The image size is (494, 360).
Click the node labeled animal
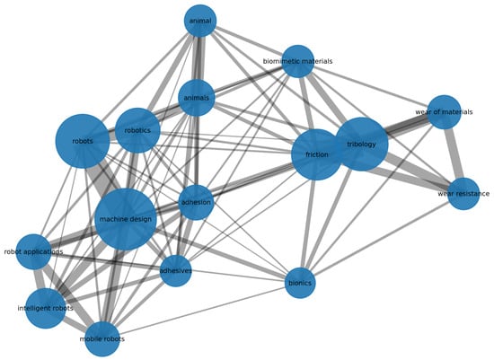click(200, 21)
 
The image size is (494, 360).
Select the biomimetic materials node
click(297, 61)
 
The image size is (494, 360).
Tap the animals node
click(197, 98)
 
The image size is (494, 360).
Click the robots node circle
click(83, 141)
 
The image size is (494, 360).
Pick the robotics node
click(137, 130)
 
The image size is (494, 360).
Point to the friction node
click(317, 154)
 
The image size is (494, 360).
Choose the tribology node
click(361, 145)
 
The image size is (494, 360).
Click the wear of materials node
click(445, 112)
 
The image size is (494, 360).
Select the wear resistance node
click(463, 193)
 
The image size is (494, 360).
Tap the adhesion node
click(196, 202)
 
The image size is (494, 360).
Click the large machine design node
click(126, 219)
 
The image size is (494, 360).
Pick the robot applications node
click(33, 251)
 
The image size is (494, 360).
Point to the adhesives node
click(175, 271)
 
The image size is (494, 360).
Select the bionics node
click(300, 283)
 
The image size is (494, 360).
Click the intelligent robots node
click(46, 308)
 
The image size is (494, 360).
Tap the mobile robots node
click(102, 339)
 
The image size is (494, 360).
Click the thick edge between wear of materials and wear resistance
click(454, 153)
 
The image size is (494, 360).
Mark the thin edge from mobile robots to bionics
click(202, 311)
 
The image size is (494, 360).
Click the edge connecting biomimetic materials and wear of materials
click(371, 86)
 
